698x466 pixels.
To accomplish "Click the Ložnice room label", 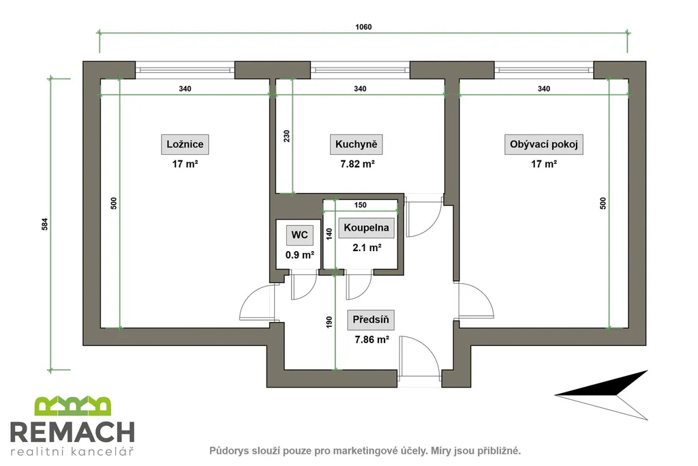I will [x=185, y=145].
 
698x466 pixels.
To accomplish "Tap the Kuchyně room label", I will [x=357, y=145].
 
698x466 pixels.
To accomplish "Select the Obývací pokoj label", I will [x=546, y=145].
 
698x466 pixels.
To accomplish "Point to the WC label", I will [x=299, y=235].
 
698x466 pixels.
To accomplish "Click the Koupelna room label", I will [x=366, y=228].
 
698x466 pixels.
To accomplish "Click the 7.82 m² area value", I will [x=358, y=164].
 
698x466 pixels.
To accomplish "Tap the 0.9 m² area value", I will [x=299, y=254].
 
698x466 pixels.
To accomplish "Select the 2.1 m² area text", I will [x=366, y=248].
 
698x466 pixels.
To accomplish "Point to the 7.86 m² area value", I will [x=371, y=339].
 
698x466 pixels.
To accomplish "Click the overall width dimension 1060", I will [x=363, y=28].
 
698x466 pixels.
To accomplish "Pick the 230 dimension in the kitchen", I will [x=287, y=136].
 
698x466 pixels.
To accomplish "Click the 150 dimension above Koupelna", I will [x=361, y=205].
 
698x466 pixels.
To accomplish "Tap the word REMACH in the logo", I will [x=72, y=432].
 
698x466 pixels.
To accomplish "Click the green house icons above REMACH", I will [x=72, y=406].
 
